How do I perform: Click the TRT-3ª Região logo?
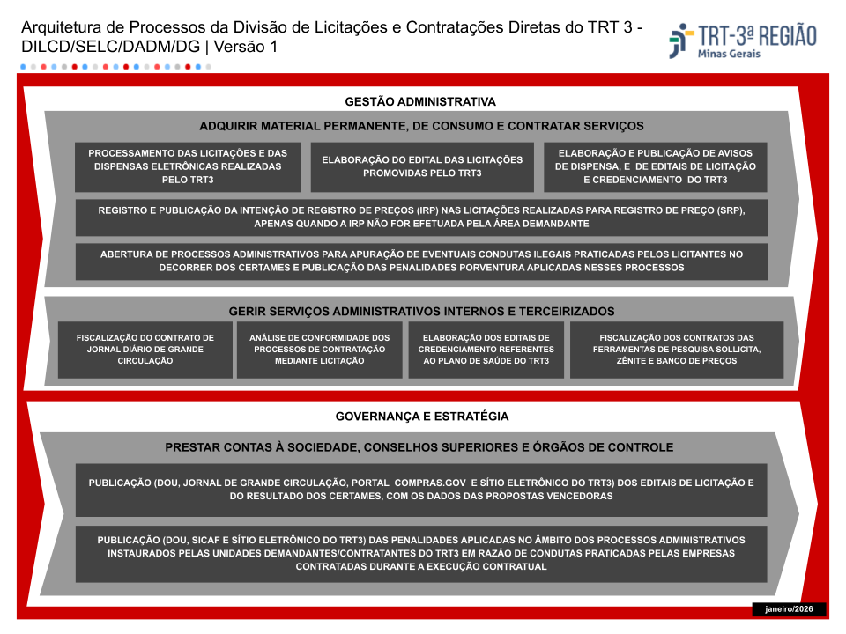(742, 40)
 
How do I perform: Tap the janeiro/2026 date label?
(789, 609)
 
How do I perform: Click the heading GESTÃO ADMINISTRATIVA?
(420, 101)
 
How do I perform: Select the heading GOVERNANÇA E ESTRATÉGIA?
(421, 417)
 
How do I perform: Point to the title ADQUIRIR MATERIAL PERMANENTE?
(421, 126)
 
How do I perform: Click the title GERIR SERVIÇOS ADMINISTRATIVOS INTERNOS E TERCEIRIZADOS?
(421, 312)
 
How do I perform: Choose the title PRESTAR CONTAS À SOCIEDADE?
(419, 447)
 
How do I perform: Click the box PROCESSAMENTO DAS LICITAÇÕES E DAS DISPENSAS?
(187, 166)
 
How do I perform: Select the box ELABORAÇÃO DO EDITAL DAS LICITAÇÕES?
(422, 166)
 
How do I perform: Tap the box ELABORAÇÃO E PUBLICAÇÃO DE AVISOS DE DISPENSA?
(656, 166)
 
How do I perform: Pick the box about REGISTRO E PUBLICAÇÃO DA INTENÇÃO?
(421, 217)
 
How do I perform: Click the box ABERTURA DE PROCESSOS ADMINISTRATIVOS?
(421, 262)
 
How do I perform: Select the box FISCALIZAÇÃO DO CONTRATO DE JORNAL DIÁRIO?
(145, 350)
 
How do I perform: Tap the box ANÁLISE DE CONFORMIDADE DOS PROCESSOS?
(319, 350)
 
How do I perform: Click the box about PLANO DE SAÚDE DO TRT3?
(486, 350)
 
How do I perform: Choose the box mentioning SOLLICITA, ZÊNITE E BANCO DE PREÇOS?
(677, 350)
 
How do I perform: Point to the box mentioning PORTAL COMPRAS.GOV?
(421, 490)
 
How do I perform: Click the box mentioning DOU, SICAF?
(421, 553)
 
